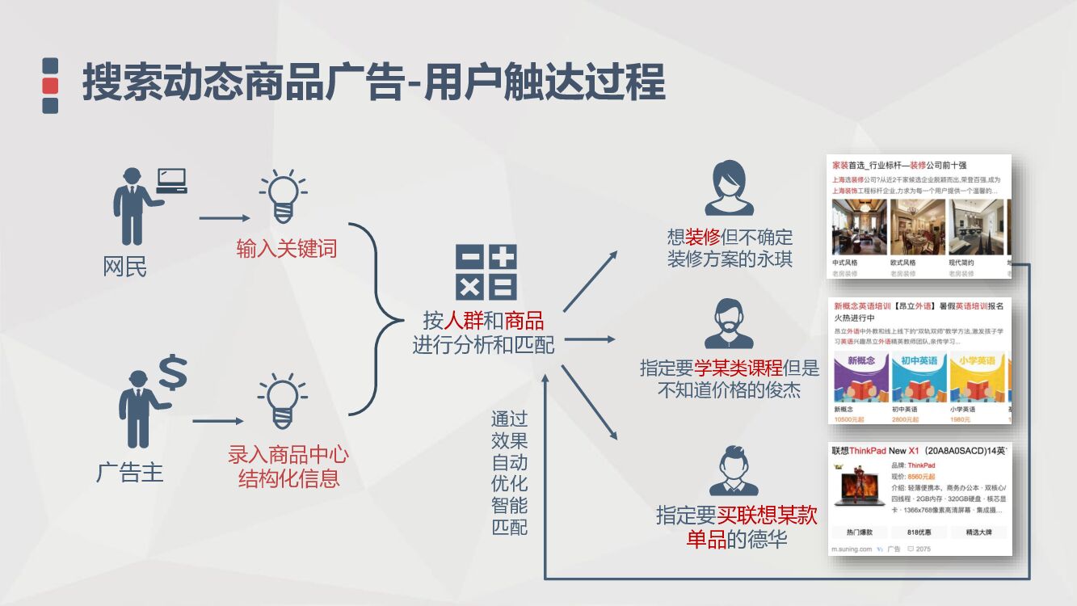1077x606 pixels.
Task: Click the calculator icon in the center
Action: (486, 272)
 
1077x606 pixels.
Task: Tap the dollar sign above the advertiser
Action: (173, 373)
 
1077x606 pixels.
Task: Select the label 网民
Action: (125, 267)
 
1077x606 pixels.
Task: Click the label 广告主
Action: (130, 472)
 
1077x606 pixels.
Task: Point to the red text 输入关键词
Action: (287, 248)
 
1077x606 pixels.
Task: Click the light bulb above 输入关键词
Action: (283, 196)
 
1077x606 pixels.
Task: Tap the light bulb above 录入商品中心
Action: (282, 400)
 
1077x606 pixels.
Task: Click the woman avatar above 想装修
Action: (729, 188)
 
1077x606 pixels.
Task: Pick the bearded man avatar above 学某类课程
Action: (729, 324)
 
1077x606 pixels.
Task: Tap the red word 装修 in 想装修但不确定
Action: (703, 238)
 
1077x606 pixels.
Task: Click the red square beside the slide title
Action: (50, 85)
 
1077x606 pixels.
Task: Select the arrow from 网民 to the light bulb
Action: (225, 217)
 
